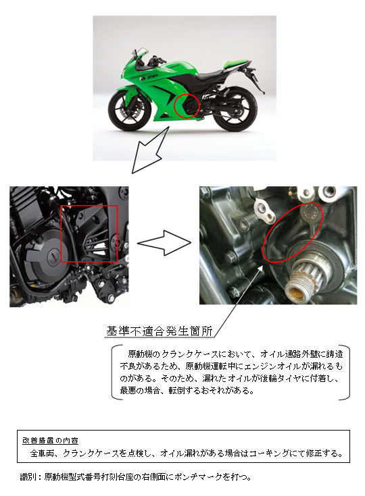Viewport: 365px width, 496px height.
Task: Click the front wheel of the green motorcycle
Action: coord(126,113)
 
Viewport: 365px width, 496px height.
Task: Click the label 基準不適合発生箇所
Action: coord(160,332)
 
